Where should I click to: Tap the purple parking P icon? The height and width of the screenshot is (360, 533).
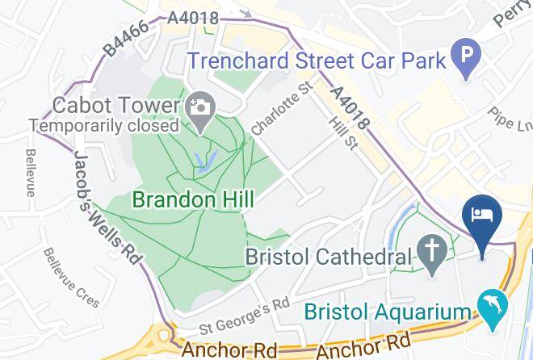pyautogui.click(x=465, y=58)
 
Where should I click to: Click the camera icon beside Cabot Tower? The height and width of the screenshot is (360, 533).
pyautogui.click(x=198, y=106)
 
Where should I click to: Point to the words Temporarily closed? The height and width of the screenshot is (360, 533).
pyautogui.click(x=103, y=126)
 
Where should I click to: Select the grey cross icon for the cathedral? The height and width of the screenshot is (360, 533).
pyautogui.click(x=432, y=255)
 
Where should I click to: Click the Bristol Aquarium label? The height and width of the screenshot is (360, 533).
pyautogui.click(x=387, y=312)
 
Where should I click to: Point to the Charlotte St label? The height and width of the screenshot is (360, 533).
pyautogui.click(x=281, y=113)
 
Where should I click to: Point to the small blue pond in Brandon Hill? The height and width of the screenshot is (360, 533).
pyautogui.click(x=205, y=161)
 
